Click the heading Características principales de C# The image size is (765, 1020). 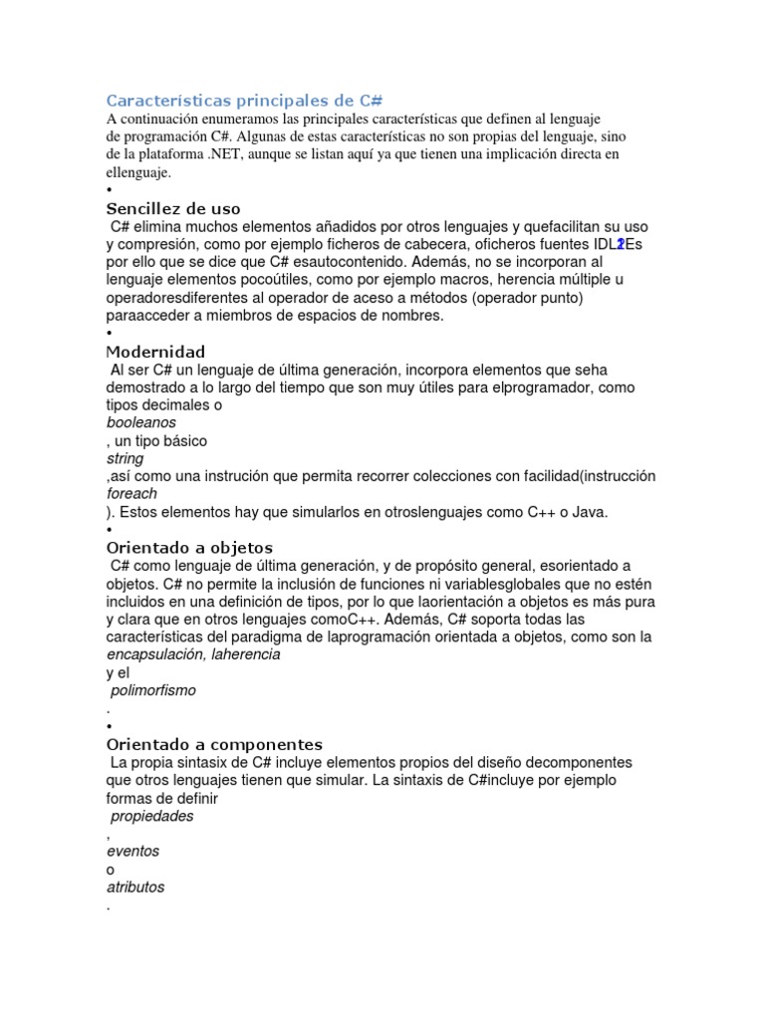point(245,101)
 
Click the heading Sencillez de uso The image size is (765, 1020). point(173,208)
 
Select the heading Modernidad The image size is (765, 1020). point(155,352)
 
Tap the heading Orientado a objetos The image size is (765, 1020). point(189,548)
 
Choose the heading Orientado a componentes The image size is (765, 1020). point(214,744)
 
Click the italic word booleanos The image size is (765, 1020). point(141,422)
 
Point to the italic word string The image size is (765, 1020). point(126,458)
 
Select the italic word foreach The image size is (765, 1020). point(131,493)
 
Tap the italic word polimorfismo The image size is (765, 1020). point(153,690)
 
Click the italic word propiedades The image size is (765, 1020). point(152,816)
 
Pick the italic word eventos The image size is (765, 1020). point(132,852)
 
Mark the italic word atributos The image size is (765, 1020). point(135,888)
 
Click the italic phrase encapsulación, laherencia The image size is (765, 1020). point(193,654)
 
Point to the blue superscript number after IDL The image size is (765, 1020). point(621,244)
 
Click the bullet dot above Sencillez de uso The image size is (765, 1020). point(109,190)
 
